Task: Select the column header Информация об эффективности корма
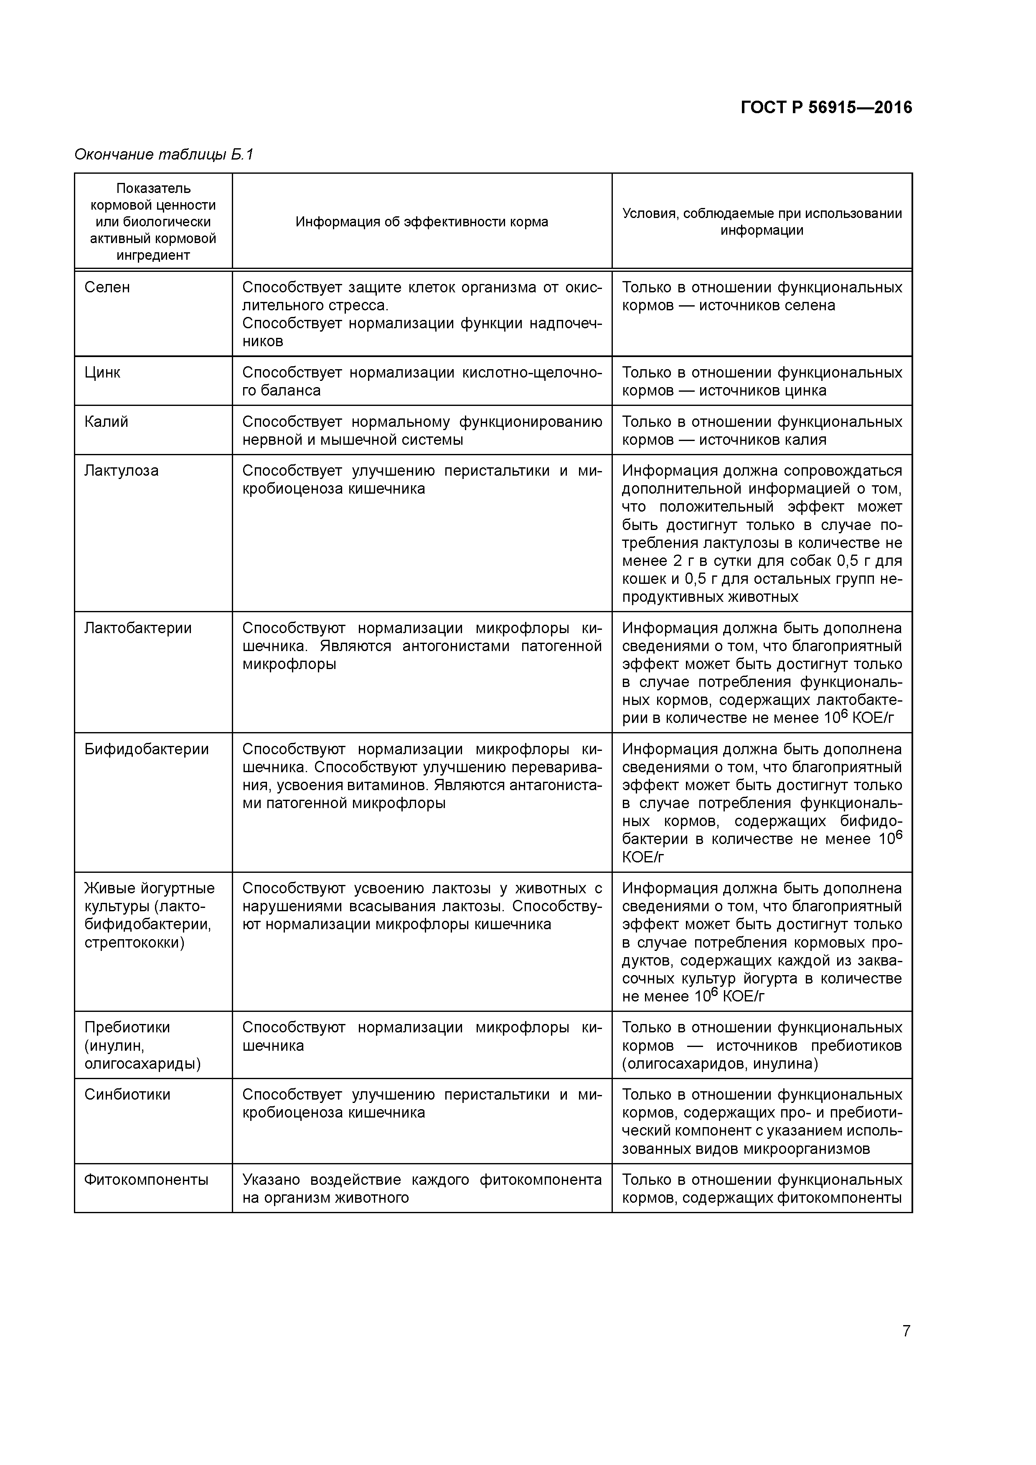pos(422,222)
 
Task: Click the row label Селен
pos(107,287)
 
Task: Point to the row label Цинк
pos(102,372)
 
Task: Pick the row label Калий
pos(106,422)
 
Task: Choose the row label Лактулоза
pos(121,471)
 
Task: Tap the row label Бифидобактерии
pos(146,749)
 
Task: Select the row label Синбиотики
pos(127,1095)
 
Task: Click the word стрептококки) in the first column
pos(134,943)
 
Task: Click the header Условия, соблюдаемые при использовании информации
pos(762,222)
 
